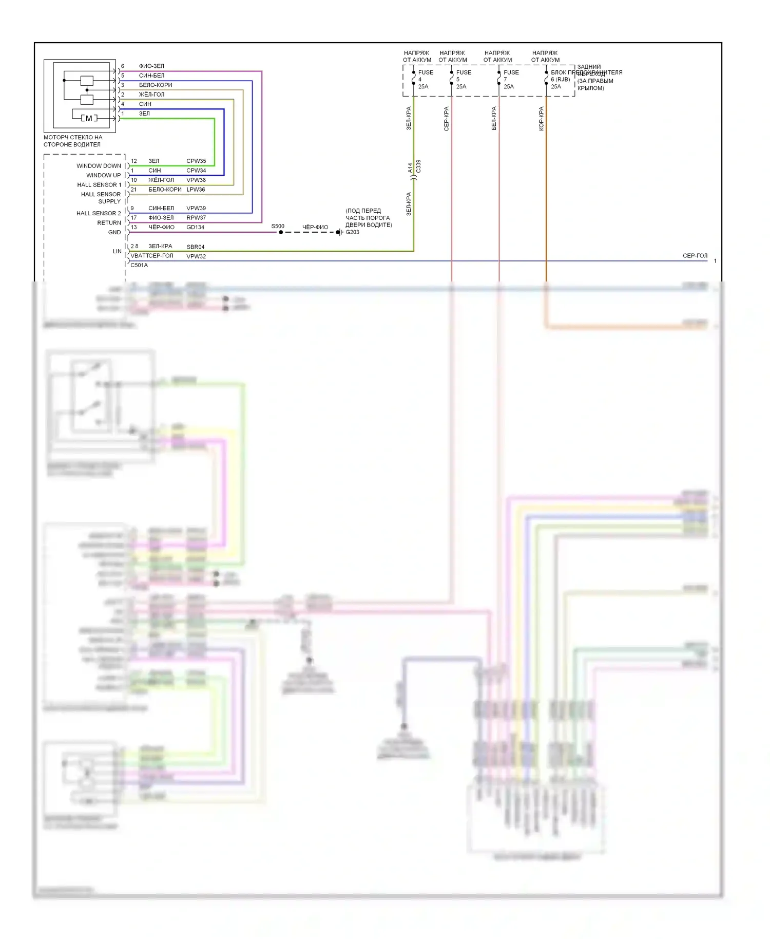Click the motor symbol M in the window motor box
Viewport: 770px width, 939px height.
(89, 119)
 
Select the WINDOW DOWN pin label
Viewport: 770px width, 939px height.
(99, 166)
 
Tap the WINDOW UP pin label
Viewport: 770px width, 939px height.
(103, 175)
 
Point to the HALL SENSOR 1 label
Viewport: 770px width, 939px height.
(99, 185)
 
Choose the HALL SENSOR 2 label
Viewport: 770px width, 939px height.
(99, 213)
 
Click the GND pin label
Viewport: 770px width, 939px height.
(114, 232)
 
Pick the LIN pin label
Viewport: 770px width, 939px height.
(117, 251)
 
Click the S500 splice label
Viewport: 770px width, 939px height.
(278, 226)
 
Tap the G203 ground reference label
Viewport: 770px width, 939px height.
(353, 232)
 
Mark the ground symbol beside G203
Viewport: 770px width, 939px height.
(339, 232)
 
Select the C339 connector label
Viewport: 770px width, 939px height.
(418, 166)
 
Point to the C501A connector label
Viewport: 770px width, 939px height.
(139, 265)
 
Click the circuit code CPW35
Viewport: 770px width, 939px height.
(196, 161)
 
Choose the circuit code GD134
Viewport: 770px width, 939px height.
(195, 227)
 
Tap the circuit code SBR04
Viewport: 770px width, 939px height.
(195, 247)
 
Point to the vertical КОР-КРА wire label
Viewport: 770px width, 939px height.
(541, 119)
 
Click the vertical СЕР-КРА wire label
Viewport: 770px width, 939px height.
(447, 119)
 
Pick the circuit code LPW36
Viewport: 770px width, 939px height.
(196, 190)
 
